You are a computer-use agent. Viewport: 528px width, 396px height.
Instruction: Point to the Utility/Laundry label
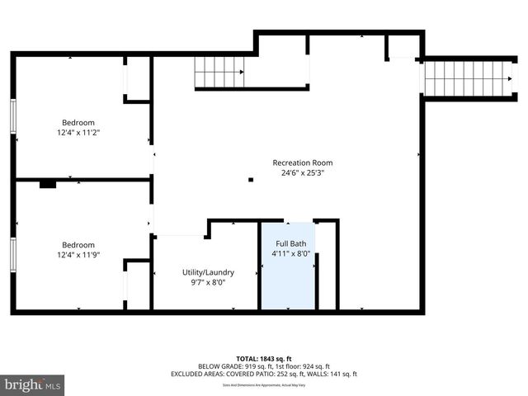(208, 272)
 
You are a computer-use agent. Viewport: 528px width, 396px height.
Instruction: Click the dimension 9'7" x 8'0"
(208, 282)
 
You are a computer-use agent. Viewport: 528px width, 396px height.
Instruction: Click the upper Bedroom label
(78, 122)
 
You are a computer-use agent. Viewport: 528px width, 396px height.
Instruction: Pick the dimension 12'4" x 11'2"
(78, 132)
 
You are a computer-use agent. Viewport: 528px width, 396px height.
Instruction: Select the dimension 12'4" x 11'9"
(78, 255)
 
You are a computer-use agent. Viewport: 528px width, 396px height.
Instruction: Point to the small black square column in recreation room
(251, 179)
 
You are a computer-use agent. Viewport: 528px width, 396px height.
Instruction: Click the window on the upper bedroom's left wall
(13, 115)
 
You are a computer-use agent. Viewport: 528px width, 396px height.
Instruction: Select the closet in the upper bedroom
(137, 79)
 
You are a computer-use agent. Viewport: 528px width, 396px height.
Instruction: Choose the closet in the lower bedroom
(138, 285)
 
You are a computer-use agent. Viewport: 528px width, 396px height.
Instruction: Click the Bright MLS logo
(33, 384)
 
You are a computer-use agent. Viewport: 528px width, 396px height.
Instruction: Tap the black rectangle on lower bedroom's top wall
(48, 184)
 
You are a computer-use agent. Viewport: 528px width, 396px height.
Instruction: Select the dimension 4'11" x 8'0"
(291, 254)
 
